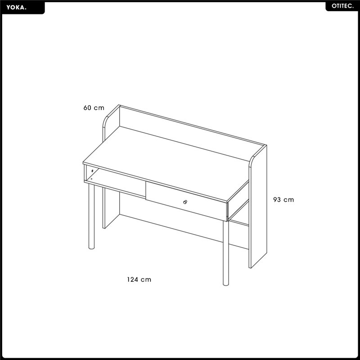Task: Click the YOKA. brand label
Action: (x=16, y=7)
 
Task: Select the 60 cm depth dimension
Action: (x=94, y=108)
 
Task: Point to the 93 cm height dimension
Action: (x=283, y=199)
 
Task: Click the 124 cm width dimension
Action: (x=139, y=279)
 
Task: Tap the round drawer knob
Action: (x=185, y=202)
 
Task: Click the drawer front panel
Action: (x=186, y=201)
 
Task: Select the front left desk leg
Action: (x=91, y=216)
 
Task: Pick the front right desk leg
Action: (x=226, y=253)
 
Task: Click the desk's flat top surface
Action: (x=166, y=163)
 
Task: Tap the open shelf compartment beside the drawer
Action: (x=115, y=181)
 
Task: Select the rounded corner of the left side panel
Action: (x=106, y=120)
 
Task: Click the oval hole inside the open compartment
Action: (x=92, y=171)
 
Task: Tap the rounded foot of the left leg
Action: (x=91, y=248)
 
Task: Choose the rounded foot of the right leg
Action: (x=226, y=284)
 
